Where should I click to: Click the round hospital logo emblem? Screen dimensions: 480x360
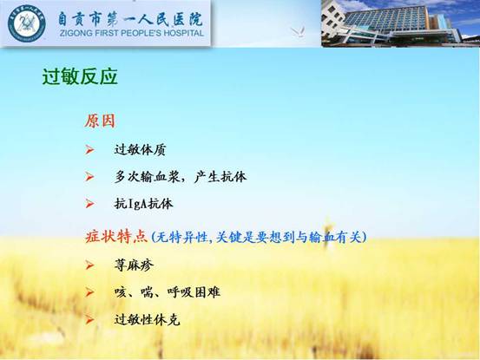point(26,23)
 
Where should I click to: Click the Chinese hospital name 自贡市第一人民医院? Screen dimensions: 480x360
point(131,19)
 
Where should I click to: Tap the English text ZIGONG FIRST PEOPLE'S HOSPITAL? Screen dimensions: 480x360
point(132,33)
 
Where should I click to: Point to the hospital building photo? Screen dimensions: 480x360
point(400,23)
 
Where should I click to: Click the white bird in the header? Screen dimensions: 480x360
point(298,31)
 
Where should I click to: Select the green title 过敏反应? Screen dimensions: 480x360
point(80,76)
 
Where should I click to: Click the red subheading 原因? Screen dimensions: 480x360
point(100,121)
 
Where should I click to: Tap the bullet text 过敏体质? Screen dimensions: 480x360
point(140,150)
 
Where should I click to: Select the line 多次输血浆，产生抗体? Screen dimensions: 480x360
point(181,177)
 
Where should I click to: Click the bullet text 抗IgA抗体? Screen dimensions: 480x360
point(143,204)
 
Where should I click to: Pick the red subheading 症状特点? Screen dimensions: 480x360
point(116,237)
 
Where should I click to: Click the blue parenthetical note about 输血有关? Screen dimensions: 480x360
point(259,237)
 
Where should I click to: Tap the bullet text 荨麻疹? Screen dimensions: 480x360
point(134,265)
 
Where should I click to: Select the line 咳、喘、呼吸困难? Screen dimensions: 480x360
point(168,292)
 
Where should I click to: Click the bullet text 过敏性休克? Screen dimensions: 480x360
point(147,320)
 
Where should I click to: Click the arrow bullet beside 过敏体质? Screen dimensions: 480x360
point(89,149)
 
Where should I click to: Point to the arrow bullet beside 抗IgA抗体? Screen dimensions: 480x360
point(89,204)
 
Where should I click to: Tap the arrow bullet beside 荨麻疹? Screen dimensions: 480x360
point(89,265)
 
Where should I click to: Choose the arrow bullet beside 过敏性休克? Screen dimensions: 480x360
point(89,320)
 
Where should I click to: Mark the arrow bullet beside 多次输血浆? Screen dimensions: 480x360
point(89,177)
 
